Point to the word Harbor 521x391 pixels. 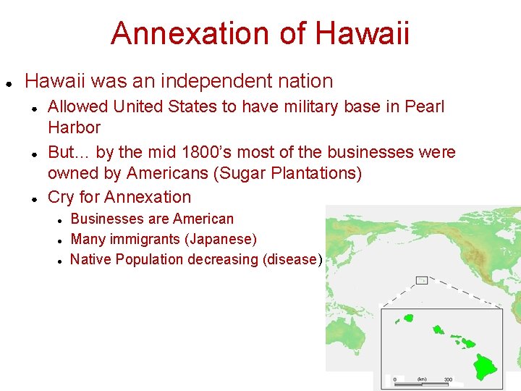[74, 127]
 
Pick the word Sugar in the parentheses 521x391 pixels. [252, 174]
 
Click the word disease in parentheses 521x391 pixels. [292, 259]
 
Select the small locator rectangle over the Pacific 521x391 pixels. [421, 280]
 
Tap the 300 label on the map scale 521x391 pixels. [449, 379]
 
